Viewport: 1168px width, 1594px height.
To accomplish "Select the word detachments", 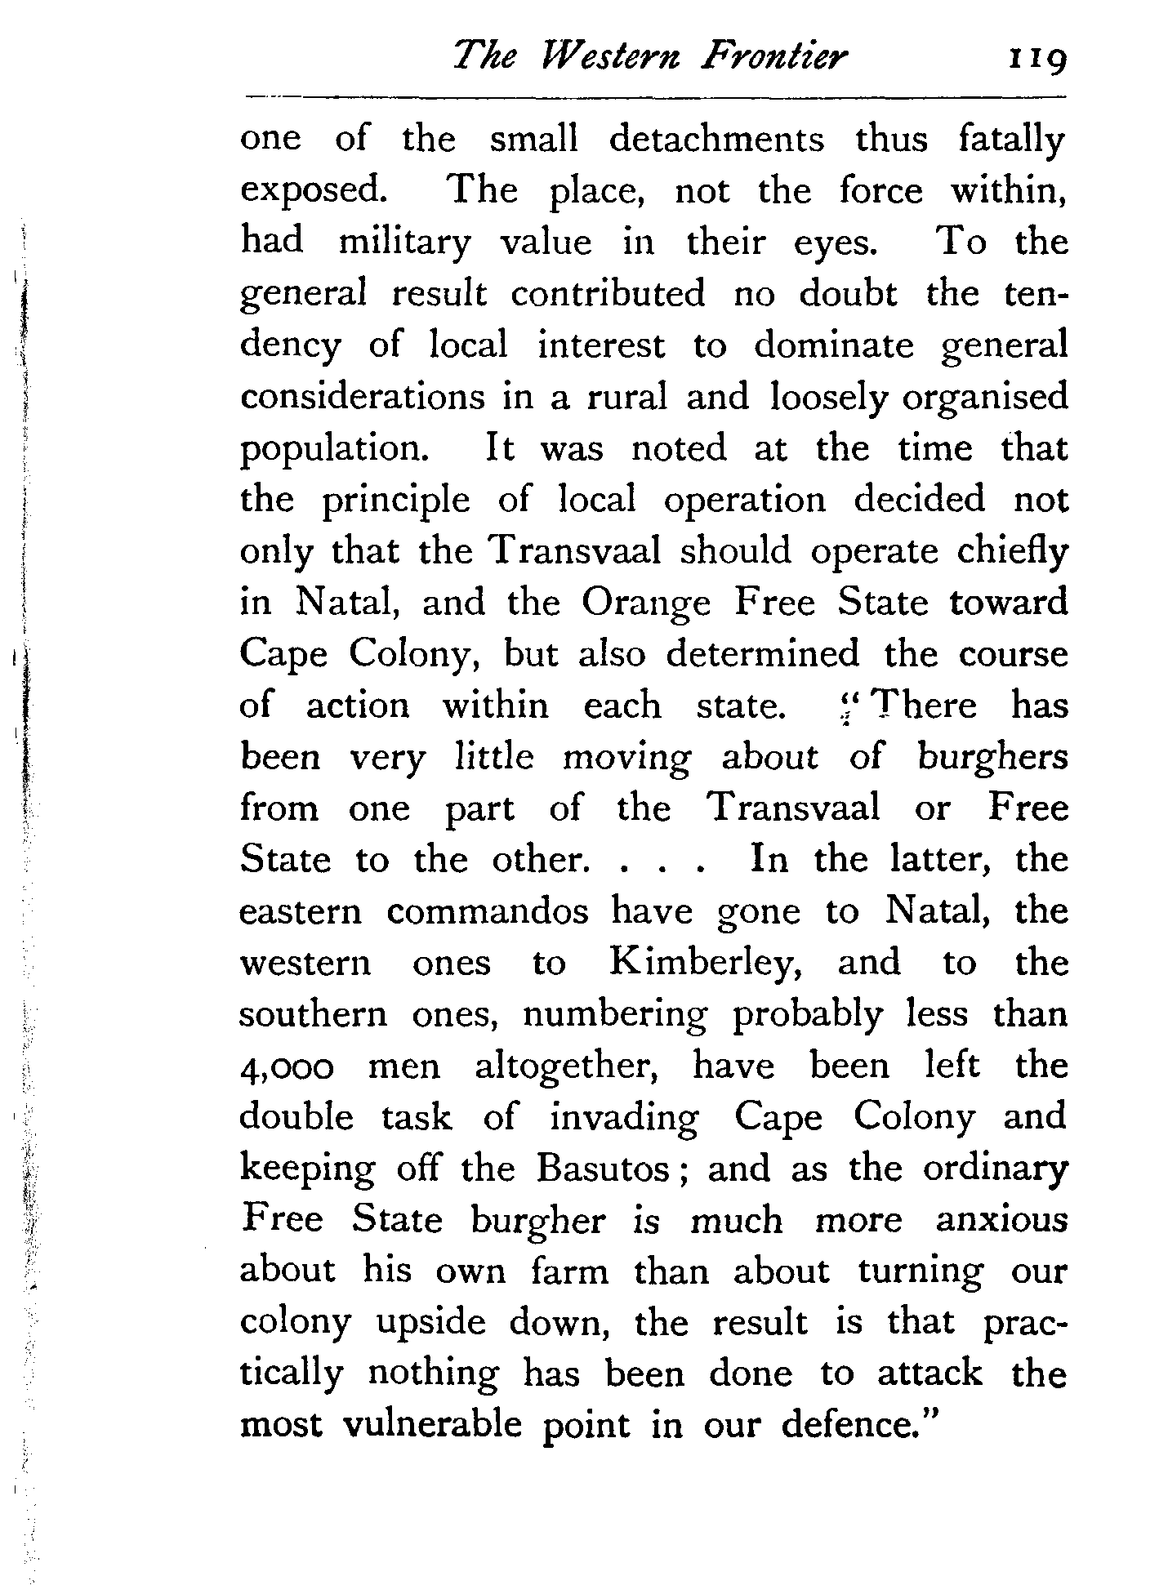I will tap(716, 139).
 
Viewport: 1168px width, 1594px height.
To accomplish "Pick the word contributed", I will tap(607, 294).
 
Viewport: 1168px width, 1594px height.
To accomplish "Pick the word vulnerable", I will tap(431, 1426).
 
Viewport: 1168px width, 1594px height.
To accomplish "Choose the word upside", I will tap(430, 1324).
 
